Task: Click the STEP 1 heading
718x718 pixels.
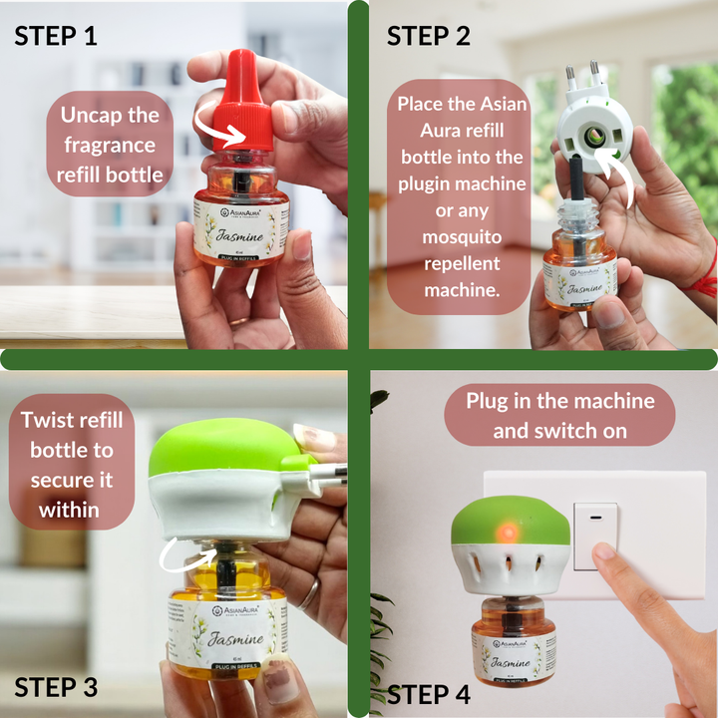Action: tap(56, 37)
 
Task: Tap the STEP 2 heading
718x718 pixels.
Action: tap(429, 36)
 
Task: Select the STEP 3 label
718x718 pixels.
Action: tap(56, 687)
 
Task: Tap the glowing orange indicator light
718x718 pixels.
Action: tap(506, 527)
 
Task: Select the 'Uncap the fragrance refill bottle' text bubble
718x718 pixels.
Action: tap(109, 146)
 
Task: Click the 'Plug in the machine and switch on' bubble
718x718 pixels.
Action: tap(560, 416)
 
